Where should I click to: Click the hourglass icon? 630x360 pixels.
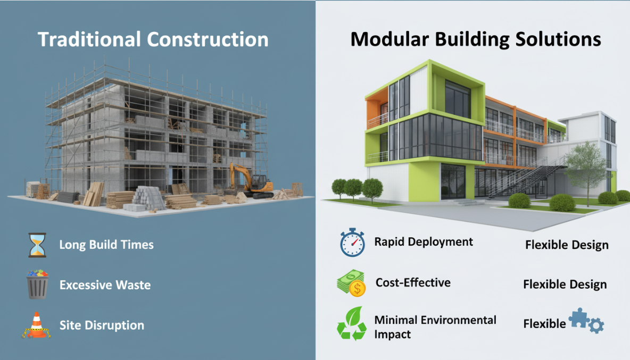click(37, 245)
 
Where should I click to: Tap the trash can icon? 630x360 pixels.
click(38, 284)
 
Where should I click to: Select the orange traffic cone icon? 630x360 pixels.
click(37, 325)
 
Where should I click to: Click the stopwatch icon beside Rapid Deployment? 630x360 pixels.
click(352, 242)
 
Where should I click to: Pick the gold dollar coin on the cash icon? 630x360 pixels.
click(358, 289)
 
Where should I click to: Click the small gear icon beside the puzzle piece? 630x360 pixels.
click(596, 324)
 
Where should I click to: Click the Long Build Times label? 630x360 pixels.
click(106, 245)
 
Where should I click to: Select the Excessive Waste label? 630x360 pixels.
click(105, 285)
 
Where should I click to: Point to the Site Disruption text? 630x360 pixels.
click(102, 325)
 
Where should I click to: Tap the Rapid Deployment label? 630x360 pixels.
click(424, 242)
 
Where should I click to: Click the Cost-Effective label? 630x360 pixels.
click(413, 282)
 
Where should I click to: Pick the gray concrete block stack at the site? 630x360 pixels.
click(148, 197)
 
